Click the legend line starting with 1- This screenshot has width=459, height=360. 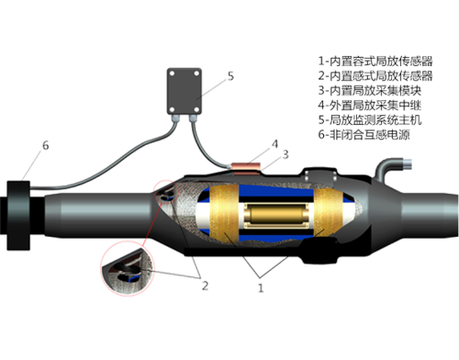pyautogui.click(x=375, y=61)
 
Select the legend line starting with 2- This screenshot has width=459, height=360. pyautogui.click(x=375, y=75)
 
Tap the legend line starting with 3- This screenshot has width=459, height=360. pyautogui.click(x=370, y=90)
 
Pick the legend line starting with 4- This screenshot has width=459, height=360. pyautogui.click(x=370, y=105)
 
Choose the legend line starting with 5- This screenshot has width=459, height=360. pyautogui.click(x=370, y=119)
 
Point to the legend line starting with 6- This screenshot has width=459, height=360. pyautogui.click(x=364, y=134)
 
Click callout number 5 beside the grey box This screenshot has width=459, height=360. pyautogui.click(x=230, y=76)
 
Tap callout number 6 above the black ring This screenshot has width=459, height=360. pyautogui.click(x=46, y=145)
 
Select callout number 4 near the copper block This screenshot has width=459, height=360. pyautogui.click(x=275, y=144)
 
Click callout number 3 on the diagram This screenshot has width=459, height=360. pyautogui.click(x=285, y=154)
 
